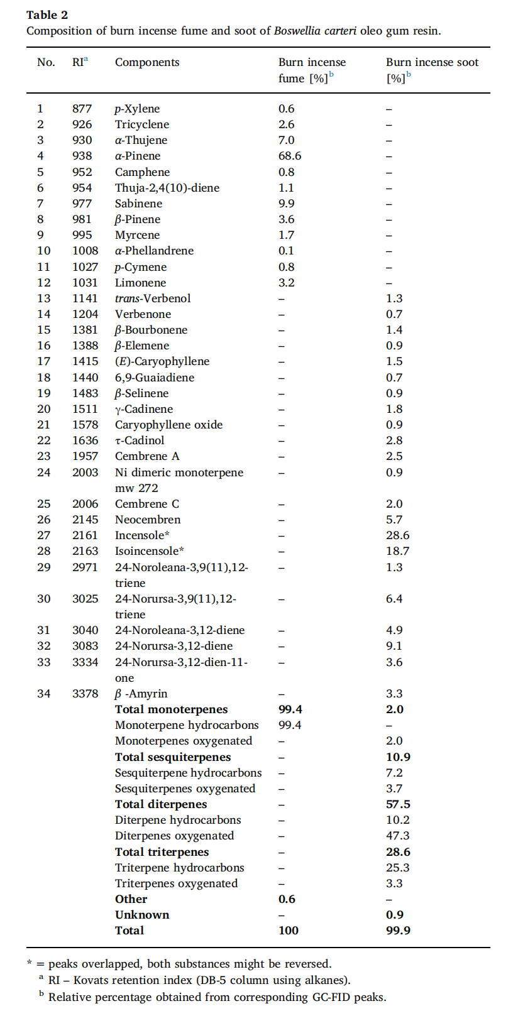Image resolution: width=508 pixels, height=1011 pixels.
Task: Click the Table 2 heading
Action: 47,14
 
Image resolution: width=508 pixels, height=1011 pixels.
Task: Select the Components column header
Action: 147,62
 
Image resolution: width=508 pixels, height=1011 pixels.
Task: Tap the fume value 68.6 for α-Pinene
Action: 290,156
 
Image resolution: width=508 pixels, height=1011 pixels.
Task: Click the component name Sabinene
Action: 138,204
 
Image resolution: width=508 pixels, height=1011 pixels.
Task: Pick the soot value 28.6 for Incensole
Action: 397,535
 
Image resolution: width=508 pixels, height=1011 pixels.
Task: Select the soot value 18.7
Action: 397,551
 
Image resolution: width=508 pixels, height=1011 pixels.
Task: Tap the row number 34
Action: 43,694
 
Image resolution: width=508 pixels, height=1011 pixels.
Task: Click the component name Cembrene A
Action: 147,456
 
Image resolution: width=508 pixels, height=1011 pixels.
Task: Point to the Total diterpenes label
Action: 161,804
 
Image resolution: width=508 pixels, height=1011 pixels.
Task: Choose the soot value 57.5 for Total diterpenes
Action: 397,804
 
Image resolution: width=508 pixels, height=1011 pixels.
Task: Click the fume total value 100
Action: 289,931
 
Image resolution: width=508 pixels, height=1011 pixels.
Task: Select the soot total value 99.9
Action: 398,931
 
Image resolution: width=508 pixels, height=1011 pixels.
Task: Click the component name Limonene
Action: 140,283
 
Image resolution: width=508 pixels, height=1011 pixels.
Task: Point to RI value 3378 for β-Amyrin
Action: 85,694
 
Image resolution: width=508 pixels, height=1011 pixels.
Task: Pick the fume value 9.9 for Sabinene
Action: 286,204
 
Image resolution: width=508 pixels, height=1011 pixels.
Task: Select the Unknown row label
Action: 142,915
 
